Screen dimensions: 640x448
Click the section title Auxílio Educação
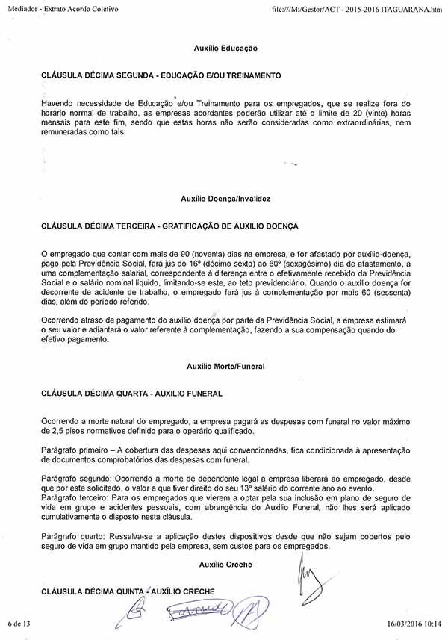pyautogui.click(x=225, y=48)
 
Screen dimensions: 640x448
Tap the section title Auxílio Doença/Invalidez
pyautogui.click(x=225, y=199)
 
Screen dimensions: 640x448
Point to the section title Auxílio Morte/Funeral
pyautogui.click(x=225, y=367)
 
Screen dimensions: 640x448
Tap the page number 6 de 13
pyautogui.click(x=19, y=623)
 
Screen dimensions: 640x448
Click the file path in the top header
pyautogui.click(x=358, y=7)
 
